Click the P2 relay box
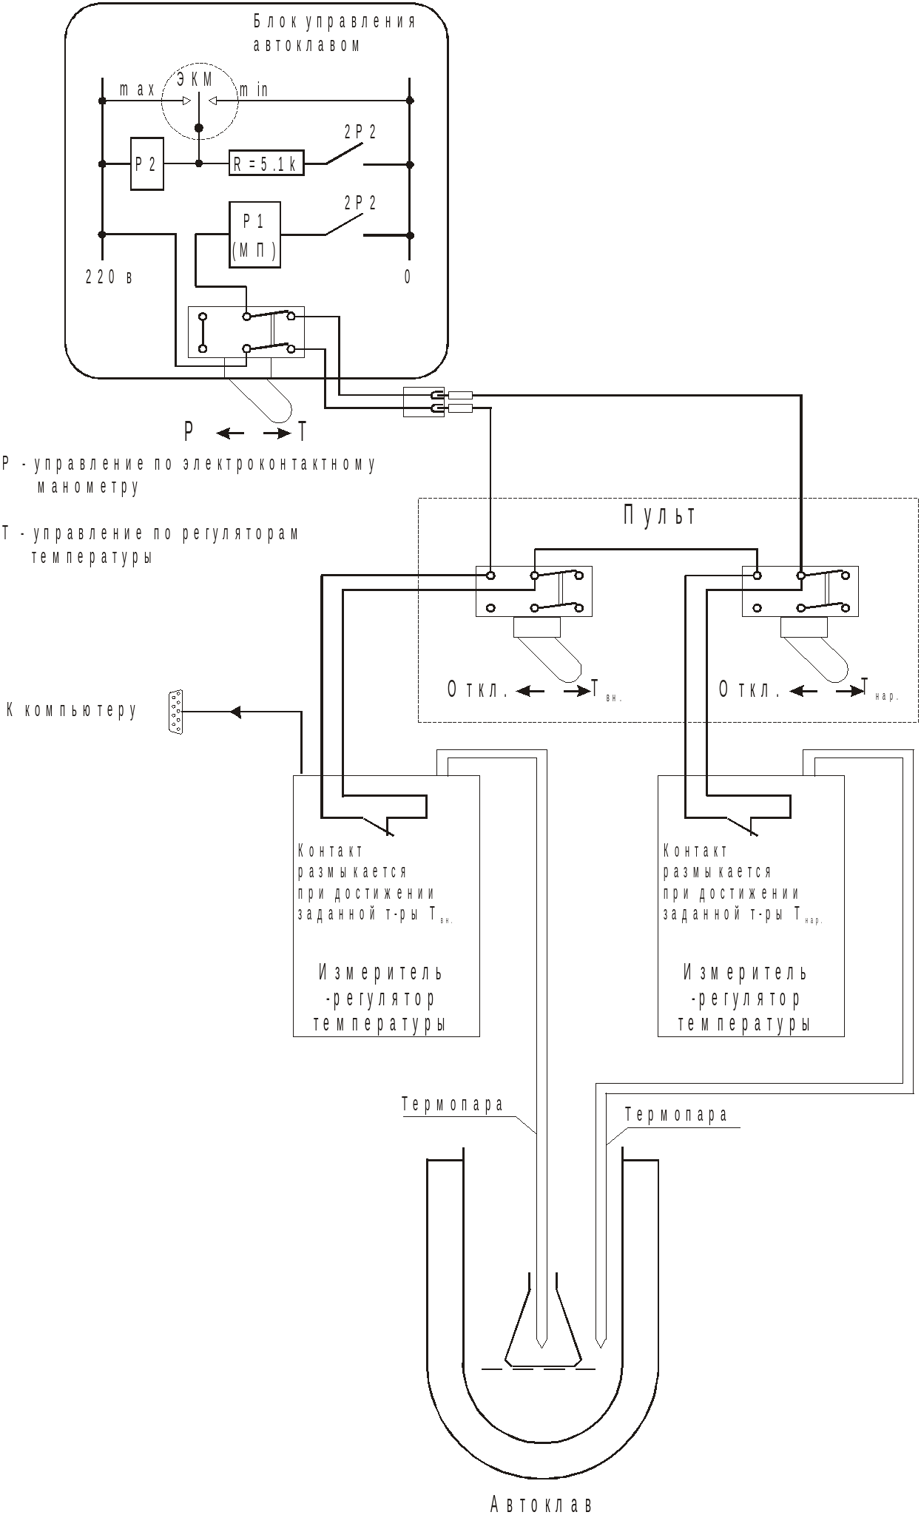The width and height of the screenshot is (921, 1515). click(x=147, y=163)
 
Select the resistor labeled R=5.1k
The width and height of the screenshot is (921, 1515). click(x=266, y=163)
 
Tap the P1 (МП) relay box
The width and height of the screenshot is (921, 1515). click(x=254, y=234)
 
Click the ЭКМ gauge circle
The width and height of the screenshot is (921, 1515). click(x=200, y=101)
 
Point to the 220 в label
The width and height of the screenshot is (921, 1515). click(x=109, y=277)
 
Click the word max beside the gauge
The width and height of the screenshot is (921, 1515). click(x=138, y=90)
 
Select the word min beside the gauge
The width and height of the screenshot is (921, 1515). click(x=253, y=90)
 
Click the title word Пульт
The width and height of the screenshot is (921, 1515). click(x=660, y=516)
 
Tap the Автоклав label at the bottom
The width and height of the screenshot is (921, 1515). click(x=542, y=1504)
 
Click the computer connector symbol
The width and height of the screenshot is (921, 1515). click(x=175, y=712)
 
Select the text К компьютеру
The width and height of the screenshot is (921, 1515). click(x=72, y=711)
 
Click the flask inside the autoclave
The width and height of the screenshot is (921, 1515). click(x=543, y=1328)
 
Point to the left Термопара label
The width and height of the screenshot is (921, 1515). click(x=453, y=1105)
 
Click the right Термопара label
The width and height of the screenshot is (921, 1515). click(x=676, y=1115)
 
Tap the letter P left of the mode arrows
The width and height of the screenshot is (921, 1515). click(x=189, y=431)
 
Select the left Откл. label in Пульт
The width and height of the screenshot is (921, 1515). click(x=477, y=690)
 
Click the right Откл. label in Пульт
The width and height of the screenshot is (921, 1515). click(x=749, y=690)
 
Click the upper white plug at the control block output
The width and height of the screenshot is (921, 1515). click(x=460, y=396)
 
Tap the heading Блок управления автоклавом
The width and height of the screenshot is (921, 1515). click(x=334, y=33)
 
